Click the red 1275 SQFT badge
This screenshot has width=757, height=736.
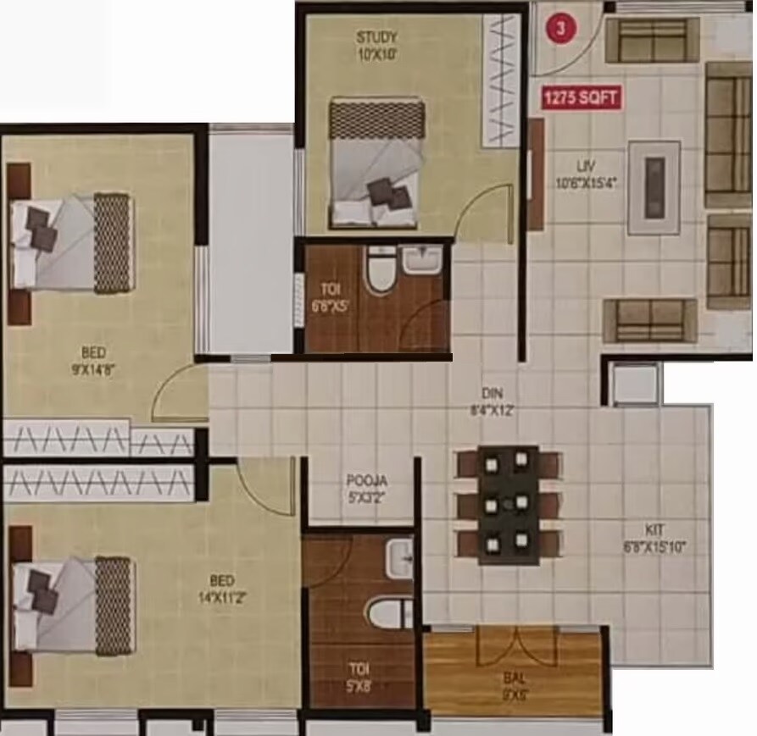582,97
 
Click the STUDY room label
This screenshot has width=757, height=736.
376,37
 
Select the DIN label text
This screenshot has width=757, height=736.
493,393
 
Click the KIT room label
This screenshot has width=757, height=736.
654,528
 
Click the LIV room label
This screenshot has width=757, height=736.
582,167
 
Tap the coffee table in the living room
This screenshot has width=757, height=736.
654,187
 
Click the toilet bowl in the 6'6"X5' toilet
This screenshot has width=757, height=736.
377,272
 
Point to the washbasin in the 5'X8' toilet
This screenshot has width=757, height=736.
399,558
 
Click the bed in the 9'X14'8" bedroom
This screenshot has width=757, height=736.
72,243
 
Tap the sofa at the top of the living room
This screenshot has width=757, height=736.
652,39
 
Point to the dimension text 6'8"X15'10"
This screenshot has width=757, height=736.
654,547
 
